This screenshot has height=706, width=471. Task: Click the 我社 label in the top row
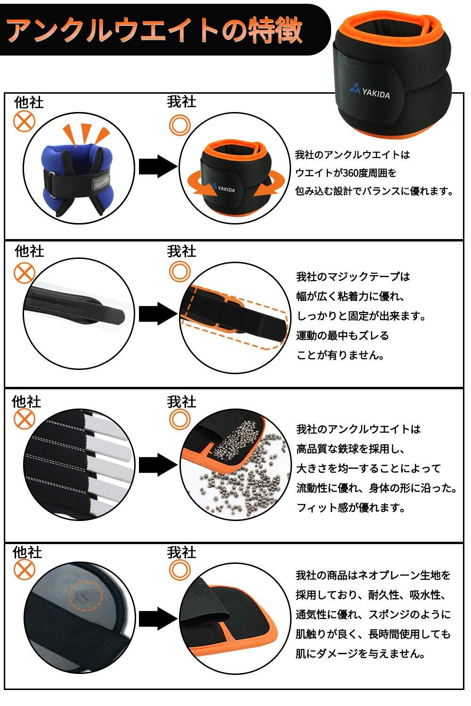[181, 102]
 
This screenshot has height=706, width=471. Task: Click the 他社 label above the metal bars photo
[26, 401]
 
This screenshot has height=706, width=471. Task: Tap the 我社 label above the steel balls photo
[181, 401]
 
